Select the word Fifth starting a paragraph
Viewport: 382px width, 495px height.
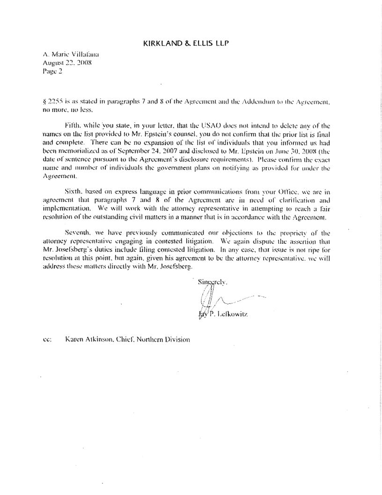pyautogui.click(x=81, y=124)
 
